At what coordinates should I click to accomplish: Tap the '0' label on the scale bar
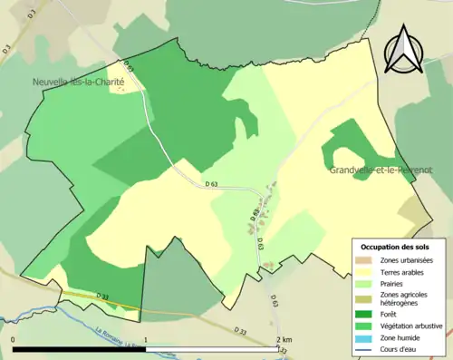pyautogui.click(x=14, y=339)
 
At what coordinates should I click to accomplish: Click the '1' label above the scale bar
pyautogui.click(x=146, y=339)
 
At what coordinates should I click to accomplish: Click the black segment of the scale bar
pyautogui.click(x=80, y=349)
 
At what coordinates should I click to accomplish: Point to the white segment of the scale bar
pyautogui.click(x=212, y=349)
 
